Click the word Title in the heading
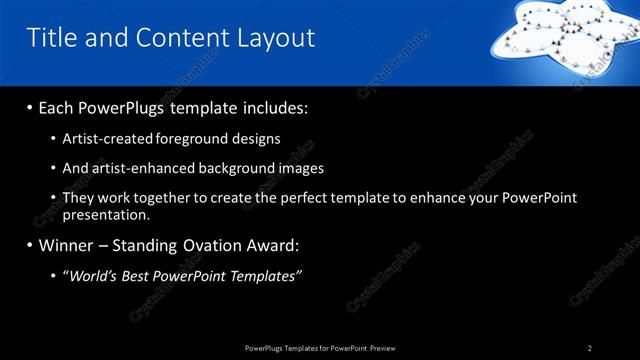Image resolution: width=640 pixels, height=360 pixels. point(50,38)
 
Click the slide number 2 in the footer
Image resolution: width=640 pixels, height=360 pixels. point(590,348)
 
